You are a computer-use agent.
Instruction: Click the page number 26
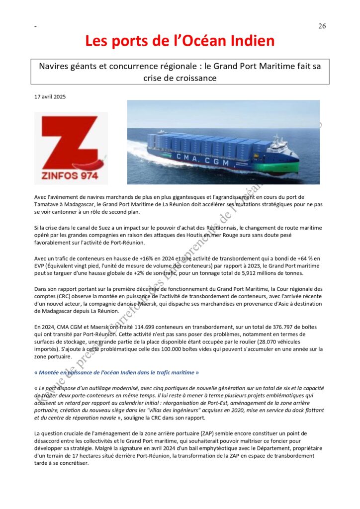pos(322,26)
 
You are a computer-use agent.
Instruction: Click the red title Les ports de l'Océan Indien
pos(180,41)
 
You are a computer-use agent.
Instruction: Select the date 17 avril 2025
pos(50,96)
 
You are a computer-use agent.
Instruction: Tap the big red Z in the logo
pos(69,142)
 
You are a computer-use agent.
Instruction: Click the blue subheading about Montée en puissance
pos(116,372)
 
